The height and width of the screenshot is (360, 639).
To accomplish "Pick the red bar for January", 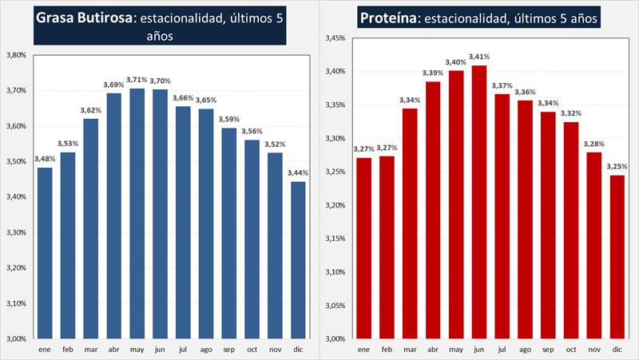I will (x=363, y=247).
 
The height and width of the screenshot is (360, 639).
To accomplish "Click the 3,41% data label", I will (x=478, y=57).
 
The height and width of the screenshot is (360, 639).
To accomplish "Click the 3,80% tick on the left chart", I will (x=16, y=55).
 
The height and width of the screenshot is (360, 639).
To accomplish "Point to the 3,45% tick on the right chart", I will (x=335, y=38).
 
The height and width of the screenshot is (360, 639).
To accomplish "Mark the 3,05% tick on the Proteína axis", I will (x=335, y=305).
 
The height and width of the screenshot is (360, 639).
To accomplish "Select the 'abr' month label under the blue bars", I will (x=114, y=349).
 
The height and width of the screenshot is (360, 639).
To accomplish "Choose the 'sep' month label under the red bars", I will (x=548, y=349).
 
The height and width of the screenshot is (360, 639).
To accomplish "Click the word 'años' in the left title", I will (x=161, y=35).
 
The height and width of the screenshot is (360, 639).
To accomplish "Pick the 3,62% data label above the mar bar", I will (x=91, y=110).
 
